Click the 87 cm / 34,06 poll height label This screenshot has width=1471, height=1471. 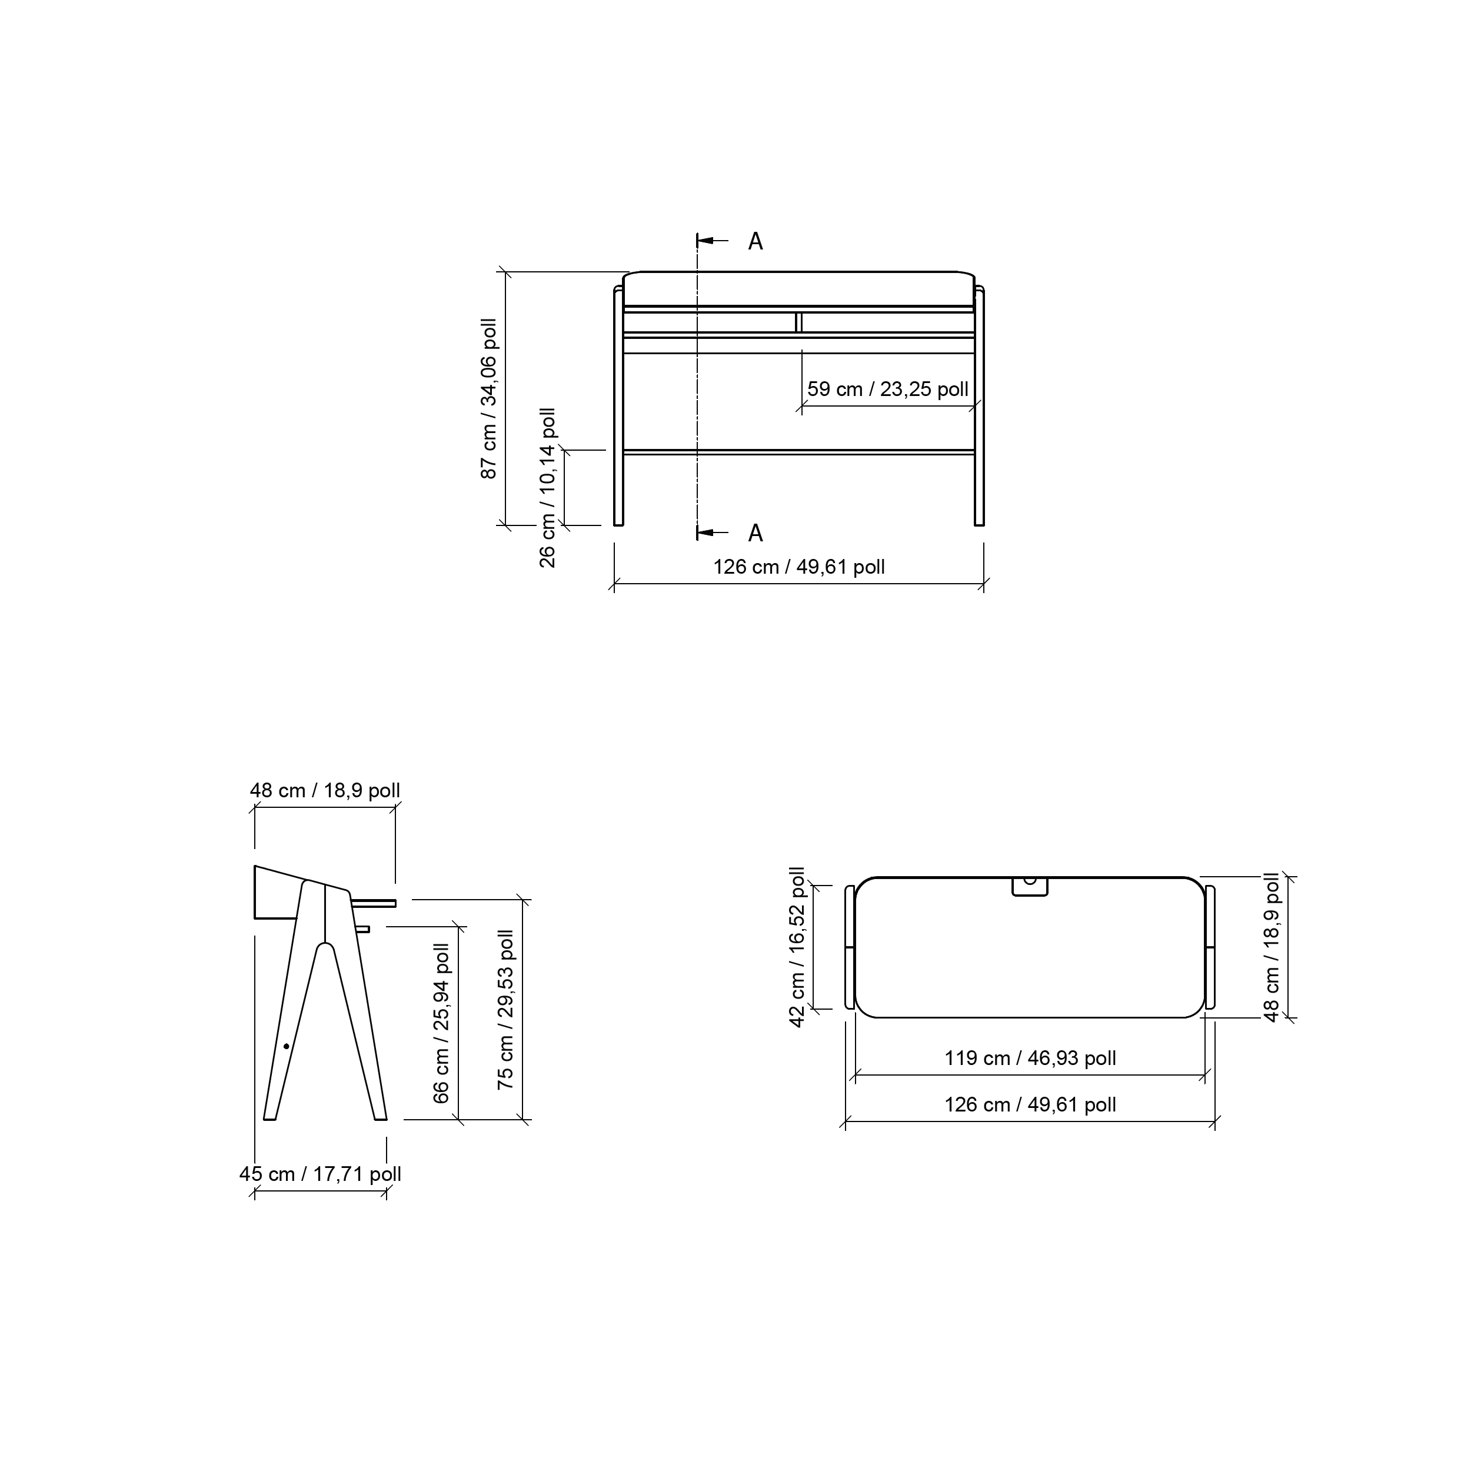(489, 398)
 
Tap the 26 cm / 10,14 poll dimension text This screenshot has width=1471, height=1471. (547, 488)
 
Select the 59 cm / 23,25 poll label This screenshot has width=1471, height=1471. (888, 389)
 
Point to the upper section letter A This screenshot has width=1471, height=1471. (756, 241)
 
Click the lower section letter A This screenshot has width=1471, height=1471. (756, 533)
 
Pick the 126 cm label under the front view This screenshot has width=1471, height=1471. (798, 567)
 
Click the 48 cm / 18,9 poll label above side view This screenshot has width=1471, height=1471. (325, 790)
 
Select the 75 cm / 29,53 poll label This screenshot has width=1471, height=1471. (505, 1010)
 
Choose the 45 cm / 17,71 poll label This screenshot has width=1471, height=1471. (321, 1174)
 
